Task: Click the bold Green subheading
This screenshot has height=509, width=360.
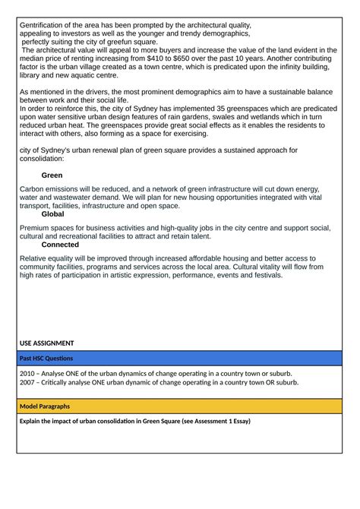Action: click(52, 175)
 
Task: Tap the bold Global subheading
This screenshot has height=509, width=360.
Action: click(53, 214)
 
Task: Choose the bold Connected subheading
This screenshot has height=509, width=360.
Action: click(60, 245)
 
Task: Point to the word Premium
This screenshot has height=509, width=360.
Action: click(36, 227)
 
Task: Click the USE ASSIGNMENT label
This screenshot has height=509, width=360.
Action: click(47, 343)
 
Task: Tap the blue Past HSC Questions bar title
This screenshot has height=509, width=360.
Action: click(46, 358)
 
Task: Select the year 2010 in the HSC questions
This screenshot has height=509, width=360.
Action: click(29, 373)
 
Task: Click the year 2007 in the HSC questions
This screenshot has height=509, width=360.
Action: click(29, 382)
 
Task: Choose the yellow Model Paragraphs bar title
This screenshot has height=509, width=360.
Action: click(45, 406)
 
